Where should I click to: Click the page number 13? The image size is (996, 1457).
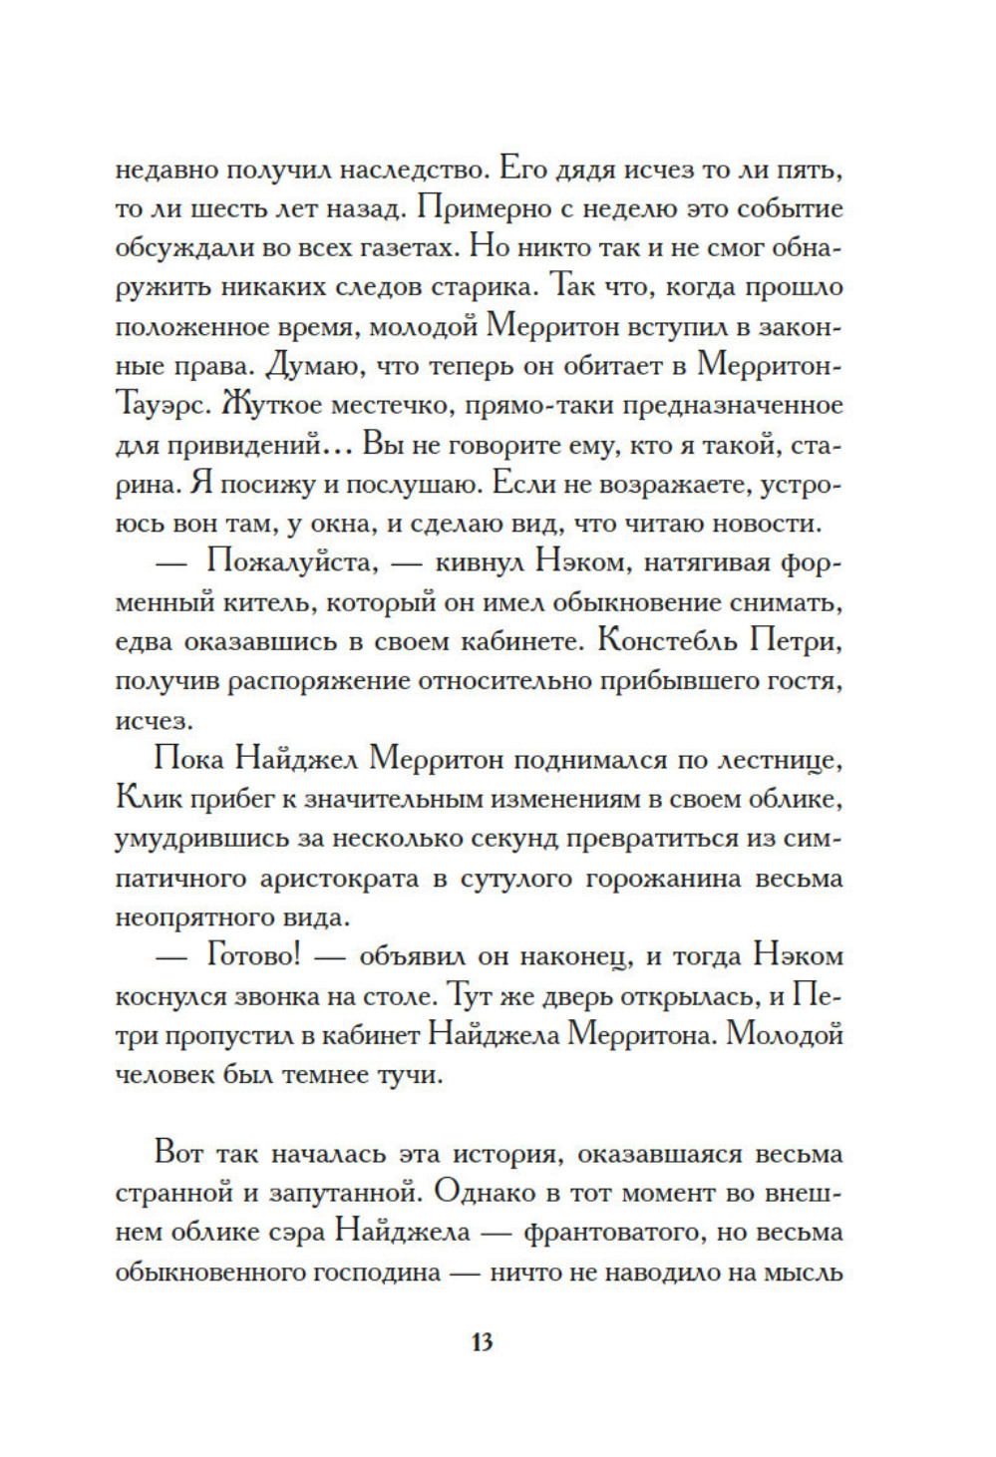(x=482, y=1341)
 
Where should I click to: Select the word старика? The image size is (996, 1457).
(x=485, y=287)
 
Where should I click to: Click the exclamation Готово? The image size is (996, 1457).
(x=253, y=956)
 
